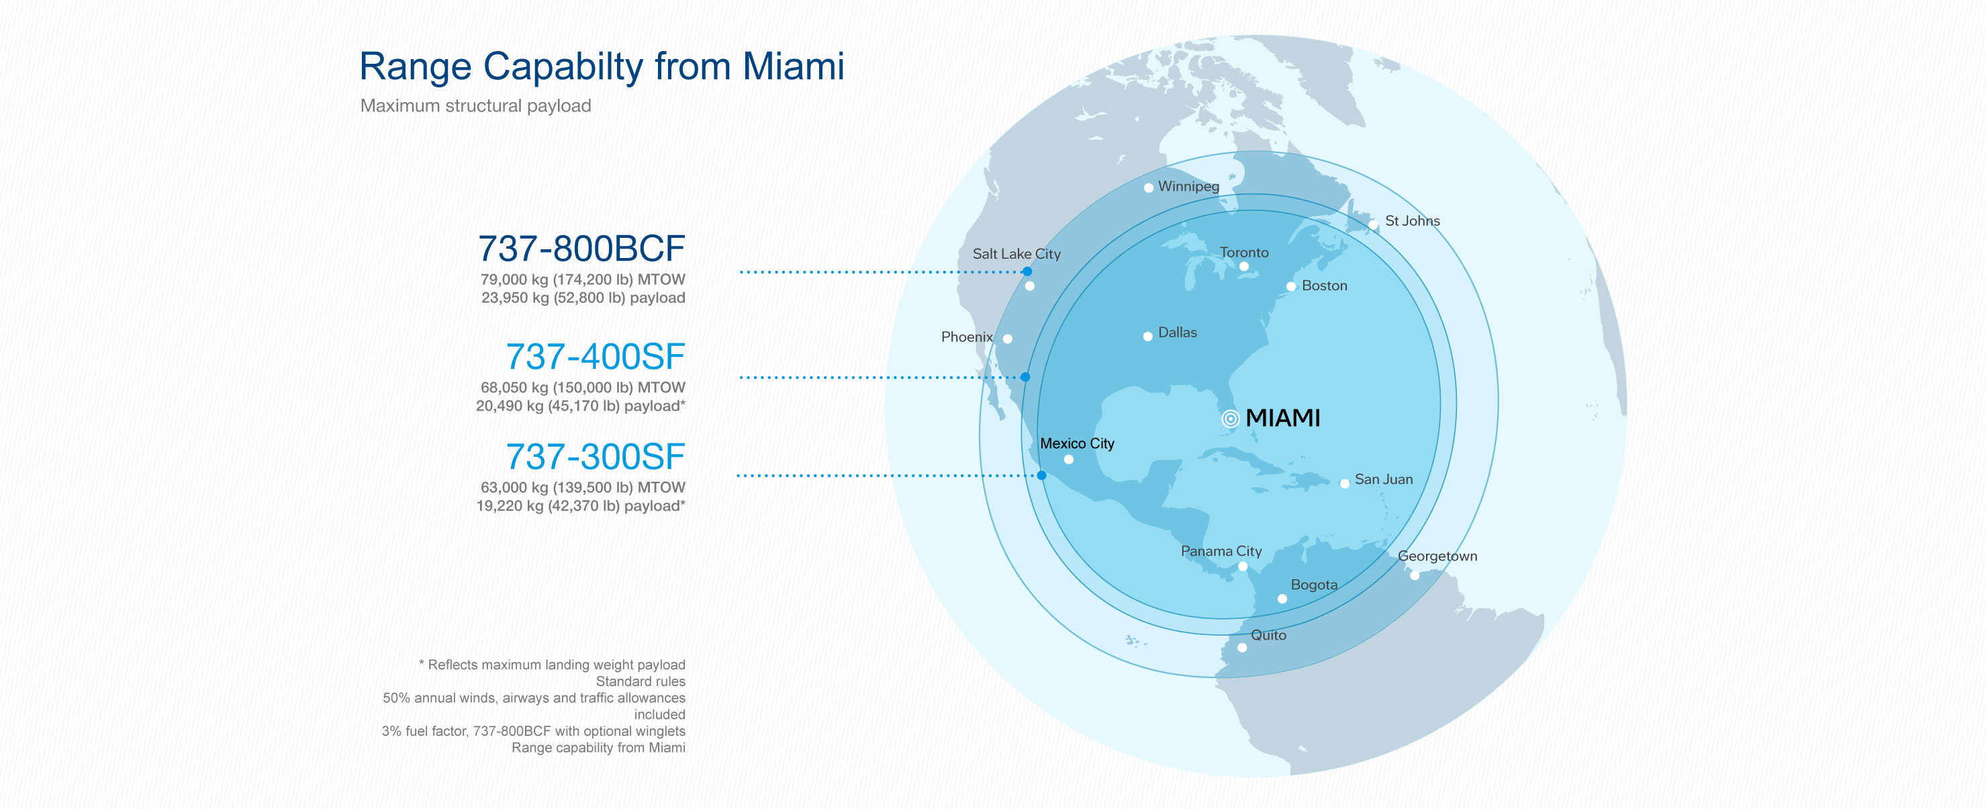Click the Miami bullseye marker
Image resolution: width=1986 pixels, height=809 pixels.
tap(1231, 419)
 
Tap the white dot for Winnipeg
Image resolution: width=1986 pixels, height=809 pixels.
tap(1148, 187)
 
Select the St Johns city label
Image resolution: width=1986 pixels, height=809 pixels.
tap(1412, 220)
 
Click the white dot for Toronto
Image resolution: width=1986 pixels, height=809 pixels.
tap(1243, 266)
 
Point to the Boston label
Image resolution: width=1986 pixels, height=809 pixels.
tap(1324, 286)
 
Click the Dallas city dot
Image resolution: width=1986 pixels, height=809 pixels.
tap(1147, 336)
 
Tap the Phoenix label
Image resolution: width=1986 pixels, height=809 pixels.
tap(966, 337)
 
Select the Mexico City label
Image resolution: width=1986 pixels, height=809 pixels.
tap(1076, 443)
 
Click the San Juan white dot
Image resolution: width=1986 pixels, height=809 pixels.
tap(1345, 484)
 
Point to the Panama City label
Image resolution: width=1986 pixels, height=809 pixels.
tap(1221, 551)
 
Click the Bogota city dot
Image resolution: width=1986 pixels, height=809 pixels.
tap(1282, 599)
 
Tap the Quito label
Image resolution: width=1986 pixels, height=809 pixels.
tap(1268, 635)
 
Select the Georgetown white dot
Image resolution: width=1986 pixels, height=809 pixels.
tap(1414, 575)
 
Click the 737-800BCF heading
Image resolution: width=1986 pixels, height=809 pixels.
tap(581, 249)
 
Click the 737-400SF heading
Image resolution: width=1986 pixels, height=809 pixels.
tap(594, 356)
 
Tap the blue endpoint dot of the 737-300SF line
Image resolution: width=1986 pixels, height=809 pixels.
tap(1041, 475)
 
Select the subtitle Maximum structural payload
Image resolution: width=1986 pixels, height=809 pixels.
tap(475, 105)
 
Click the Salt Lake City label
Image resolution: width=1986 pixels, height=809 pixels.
tap(1015, 254)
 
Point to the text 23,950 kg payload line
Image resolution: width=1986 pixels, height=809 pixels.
tap(583, 298)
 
